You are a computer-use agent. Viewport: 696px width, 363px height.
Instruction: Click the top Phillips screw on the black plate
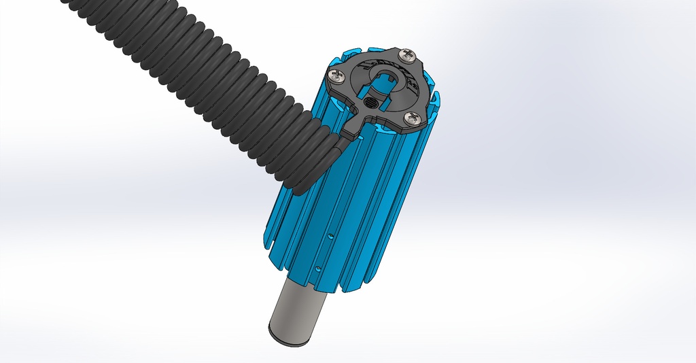[x=408, y=56]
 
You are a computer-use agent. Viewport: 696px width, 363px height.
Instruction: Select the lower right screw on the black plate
[x=413, y=119]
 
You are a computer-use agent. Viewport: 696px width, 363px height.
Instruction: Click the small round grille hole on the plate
[x=371, y=103]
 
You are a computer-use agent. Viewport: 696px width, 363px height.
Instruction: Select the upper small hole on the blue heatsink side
[x=330, y=236]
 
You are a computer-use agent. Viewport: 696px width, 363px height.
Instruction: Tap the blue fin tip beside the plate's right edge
[x=436, y=102]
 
